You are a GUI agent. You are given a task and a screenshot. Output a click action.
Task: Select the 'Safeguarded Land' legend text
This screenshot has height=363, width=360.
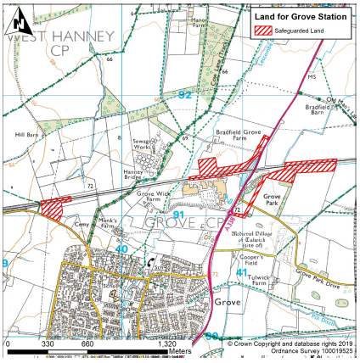click(x=308, y=31)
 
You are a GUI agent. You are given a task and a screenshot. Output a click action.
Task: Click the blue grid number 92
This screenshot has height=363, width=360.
click(x=185, y=95)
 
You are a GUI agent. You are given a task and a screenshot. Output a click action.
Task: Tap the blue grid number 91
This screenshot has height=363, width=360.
click(x=179, y=216)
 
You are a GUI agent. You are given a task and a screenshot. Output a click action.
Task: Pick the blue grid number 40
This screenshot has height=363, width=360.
click(x=122, y=249)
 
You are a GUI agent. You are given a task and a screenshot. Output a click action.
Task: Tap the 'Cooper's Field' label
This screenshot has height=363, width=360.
click(x=253, y=259)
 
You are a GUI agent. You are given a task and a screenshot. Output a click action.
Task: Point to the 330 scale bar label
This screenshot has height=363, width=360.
click(x=48, y=345)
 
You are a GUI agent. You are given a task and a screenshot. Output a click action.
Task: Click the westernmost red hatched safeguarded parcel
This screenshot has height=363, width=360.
click(x=55, y=207)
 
